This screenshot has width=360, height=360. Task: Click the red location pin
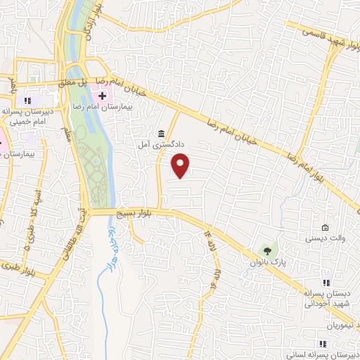(181, 165)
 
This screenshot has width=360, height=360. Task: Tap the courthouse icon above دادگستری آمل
(162, 134)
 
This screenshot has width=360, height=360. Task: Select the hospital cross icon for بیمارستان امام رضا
(103, 96)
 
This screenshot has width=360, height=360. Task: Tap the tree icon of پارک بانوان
(266, 250)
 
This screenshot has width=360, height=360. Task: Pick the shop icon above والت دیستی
(324, 228)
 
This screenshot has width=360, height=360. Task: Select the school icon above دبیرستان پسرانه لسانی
(323, 344)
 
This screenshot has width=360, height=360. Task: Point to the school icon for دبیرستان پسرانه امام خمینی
(28, 101)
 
